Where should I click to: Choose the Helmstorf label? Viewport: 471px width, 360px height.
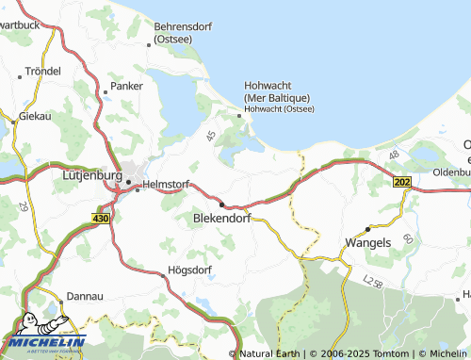click(166, 185)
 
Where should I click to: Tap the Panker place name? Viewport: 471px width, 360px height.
click(126, 85)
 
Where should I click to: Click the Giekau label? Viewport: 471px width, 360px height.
click(35, 118)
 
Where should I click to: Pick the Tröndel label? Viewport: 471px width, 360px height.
click(43, 71)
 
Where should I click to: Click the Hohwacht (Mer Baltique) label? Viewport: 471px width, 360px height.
click(277, 91)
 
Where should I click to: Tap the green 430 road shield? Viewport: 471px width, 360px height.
click(102, 219)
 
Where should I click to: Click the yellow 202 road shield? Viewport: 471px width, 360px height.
click(403, 181)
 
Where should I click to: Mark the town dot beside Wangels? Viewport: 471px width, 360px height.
click(367, 227)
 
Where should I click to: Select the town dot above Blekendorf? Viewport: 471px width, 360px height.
click(221, 204)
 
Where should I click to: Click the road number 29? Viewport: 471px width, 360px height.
click(23, 205)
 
